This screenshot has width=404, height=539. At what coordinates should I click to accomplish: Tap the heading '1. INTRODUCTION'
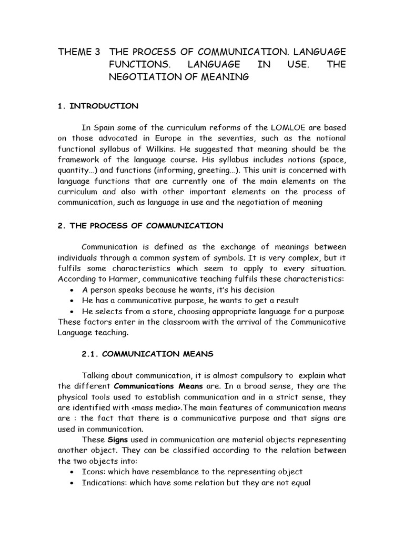(x=98, y=106)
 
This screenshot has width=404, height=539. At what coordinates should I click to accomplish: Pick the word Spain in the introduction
(x=103, y=127)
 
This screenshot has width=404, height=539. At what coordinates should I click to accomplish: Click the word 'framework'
(x=79, y=159)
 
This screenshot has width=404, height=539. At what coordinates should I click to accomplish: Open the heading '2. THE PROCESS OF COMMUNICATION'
(x=140, y=226)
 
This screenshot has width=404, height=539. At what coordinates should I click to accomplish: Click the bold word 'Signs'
(x=118, y=440)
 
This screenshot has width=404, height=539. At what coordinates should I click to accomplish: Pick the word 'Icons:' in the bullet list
(x=94, y=472)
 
